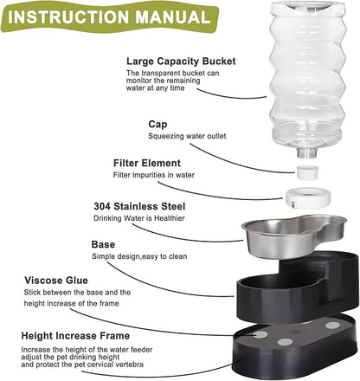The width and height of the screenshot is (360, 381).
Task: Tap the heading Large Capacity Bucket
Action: click(177, 61)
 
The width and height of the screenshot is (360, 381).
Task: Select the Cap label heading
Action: click(157, 124)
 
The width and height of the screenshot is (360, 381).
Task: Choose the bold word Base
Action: click(103, 245)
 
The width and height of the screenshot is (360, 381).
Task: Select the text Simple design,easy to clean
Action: click(145, 258)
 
